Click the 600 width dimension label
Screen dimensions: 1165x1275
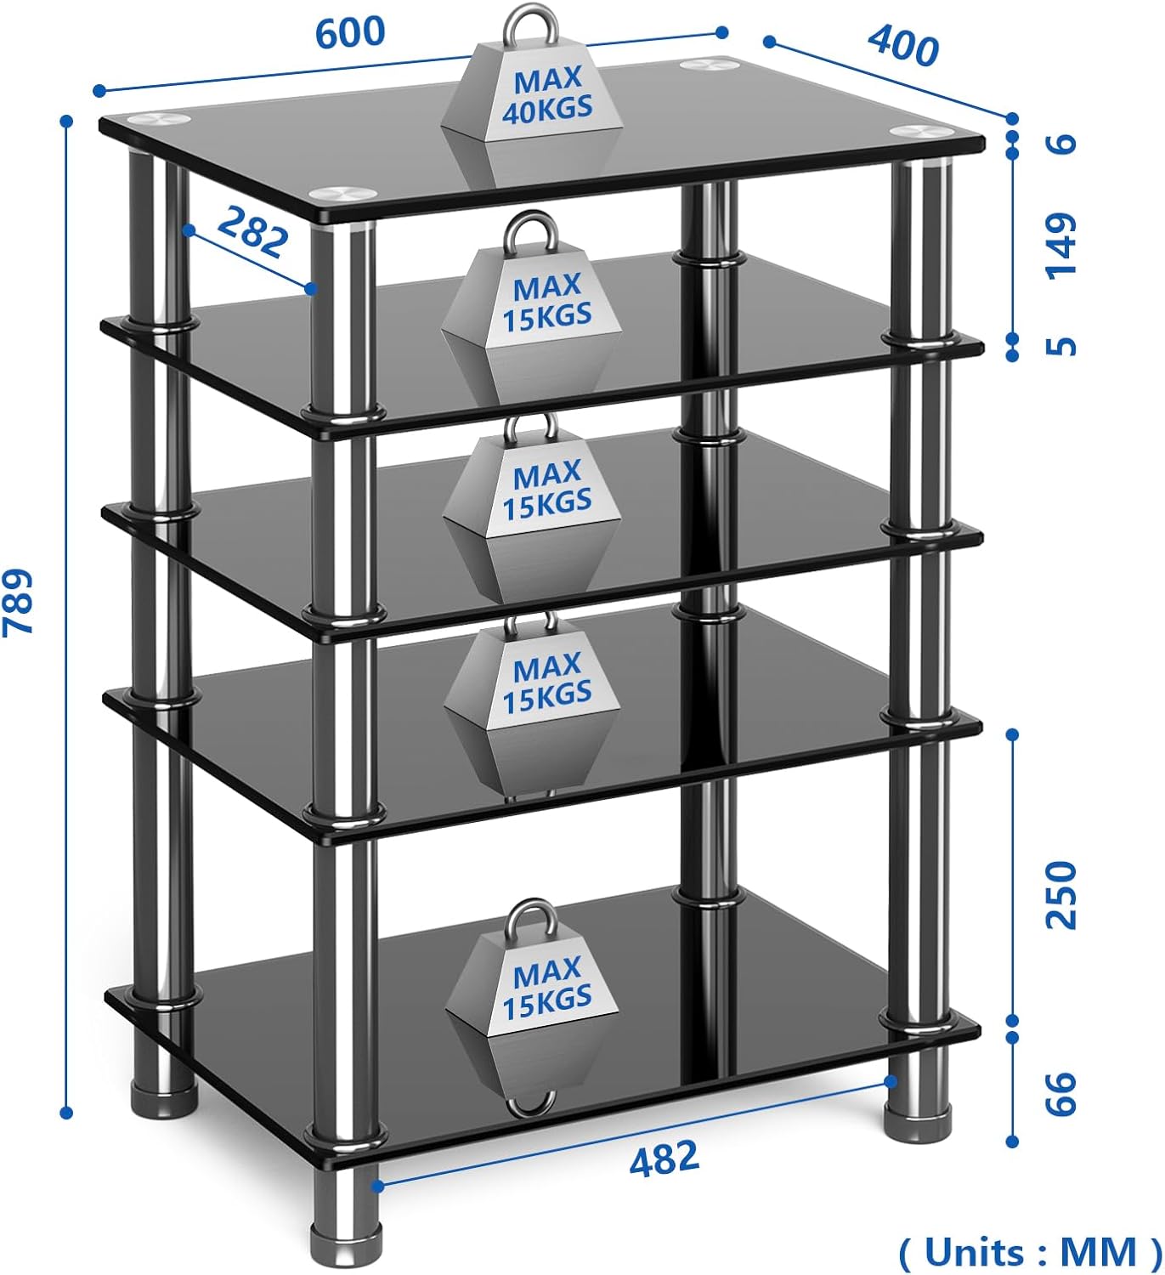[x=350, y=32]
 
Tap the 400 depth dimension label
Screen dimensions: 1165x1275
[x=903, y=44]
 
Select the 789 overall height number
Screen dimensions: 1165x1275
[x=19, y=601]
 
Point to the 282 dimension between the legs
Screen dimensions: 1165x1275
[x=252, y=231]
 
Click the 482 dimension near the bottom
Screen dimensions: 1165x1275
[x=665, y=1158]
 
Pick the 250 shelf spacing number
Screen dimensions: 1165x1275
[x=1060, y=895]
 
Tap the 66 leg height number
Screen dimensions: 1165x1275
[x=1060, y=1092]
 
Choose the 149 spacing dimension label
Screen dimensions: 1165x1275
[x=1060, y=246]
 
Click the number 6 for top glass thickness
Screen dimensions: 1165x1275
[x=1060, y=144]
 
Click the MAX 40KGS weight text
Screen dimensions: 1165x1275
[x=547, y=94]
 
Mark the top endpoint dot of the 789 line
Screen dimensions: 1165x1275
[x=66, y=121]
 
